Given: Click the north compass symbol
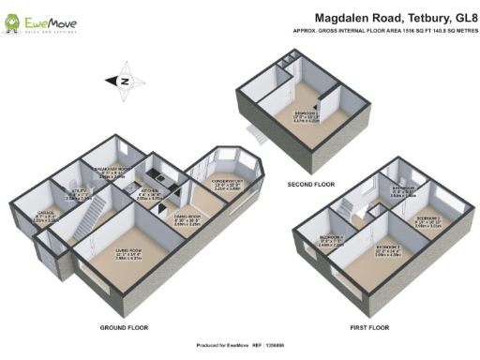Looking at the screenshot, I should click(123, 81).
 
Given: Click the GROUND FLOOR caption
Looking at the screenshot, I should click(125, 328).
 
